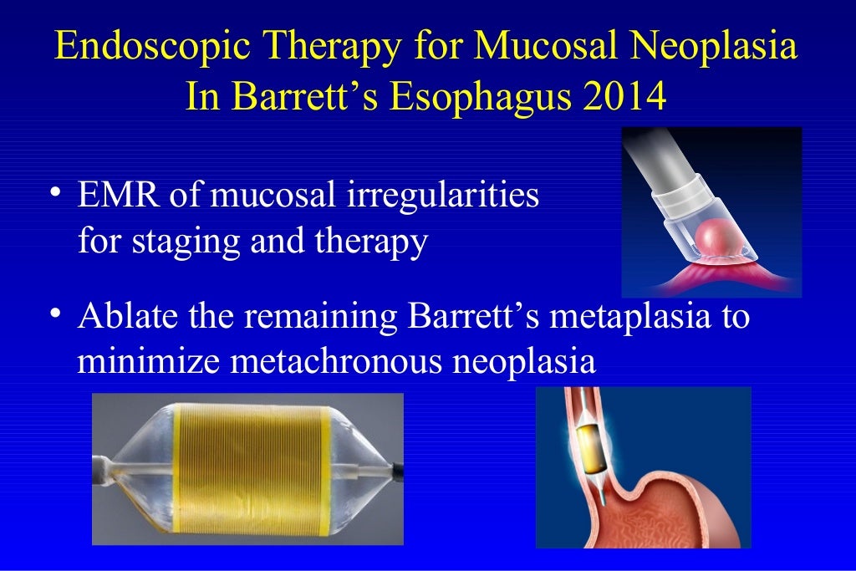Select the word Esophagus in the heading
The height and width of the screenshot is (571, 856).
tap(446, 95)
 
